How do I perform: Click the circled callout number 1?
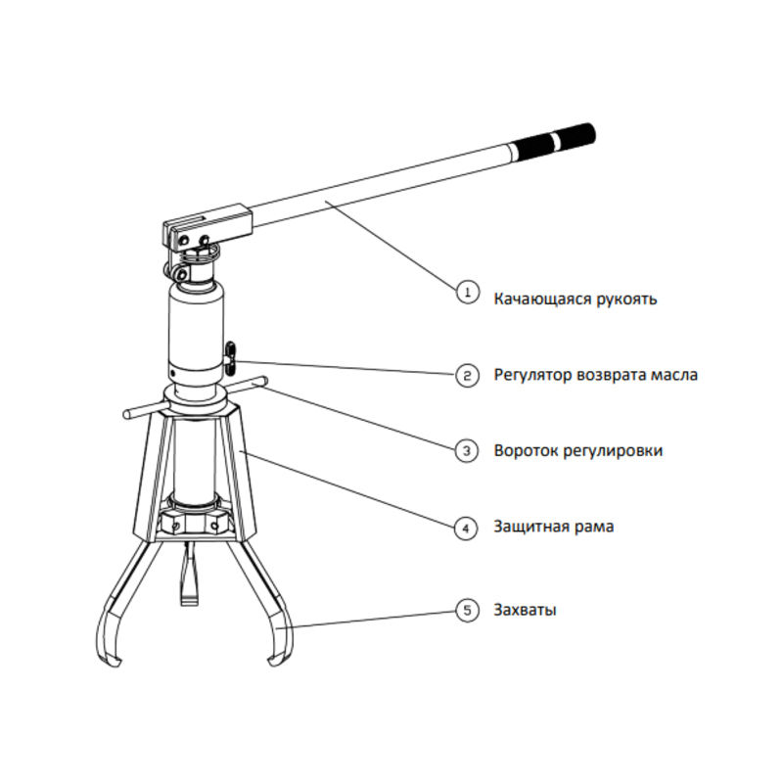(467, 291)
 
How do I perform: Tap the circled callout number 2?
(467, 375)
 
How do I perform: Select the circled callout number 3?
(467, 450)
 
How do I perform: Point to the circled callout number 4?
(467, 528)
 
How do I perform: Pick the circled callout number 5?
(467, 610)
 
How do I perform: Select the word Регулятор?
(531, 375)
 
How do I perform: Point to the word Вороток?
(526, 451)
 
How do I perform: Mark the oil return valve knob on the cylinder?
(232, 356)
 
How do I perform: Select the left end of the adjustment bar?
(128, 417)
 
